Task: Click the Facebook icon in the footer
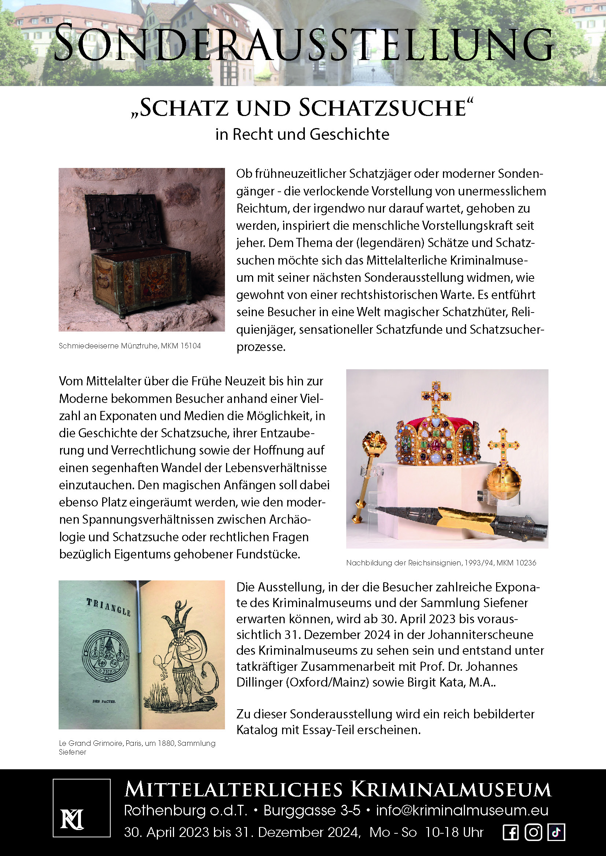pyautogui.click(x=511, y=832)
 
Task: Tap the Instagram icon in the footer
pyautogui.click(x=533, y=832)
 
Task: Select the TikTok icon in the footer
pyautogui.click(x=556, y=832)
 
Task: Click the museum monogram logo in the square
pyautogui.click(x=73, y=819)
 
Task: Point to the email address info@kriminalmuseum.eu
pyautogui.click(x=462, y=810)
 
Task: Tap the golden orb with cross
pyautogui.click(x=503, y=482)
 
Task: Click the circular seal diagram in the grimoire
pyautogui.click(x=106, y=655)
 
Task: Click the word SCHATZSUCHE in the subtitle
pyautogui.click(x=382, y=108)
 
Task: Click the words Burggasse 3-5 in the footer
pyautogui.click(x=312, y=810)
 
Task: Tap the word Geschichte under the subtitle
pyautogui.click(x=349, y=134)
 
